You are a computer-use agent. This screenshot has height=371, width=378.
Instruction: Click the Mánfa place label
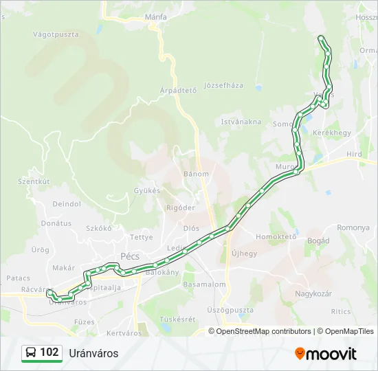[156, 16]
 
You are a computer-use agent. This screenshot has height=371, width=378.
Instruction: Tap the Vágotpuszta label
[56, 34]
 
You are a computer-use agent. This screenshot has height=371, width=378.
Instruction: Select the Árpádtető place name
[178, 90]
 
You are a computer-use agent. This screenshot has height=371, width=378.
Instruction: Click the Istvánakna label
[241, 122]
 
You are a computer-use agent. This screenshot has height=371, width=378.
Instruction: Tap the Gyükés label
[146, 190]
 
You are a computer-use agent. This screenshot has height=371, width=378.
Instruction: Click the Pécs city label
[130, 256]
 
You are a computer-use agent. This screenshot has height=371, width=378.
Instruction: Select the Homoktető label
[276, 236]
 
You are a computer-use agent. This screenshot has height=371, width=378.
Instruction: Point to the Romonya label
[353, 227]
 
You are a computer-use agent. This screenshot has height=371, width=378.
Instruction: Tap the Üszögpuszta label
[230, 310]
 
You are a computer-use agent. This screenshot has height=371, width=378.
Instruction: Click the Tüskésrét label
[177, 319]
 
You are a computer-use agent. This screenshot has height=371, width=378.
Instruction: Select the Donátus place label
[56, 223]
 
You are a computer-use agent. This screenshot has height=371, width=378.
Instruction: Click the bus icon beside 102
[31, 353]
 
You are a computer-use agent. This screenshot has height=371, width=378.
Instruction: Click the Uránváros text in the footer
[93, 353]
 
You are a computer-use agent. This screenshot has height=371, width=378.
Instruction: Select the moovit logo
[326, 353]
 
